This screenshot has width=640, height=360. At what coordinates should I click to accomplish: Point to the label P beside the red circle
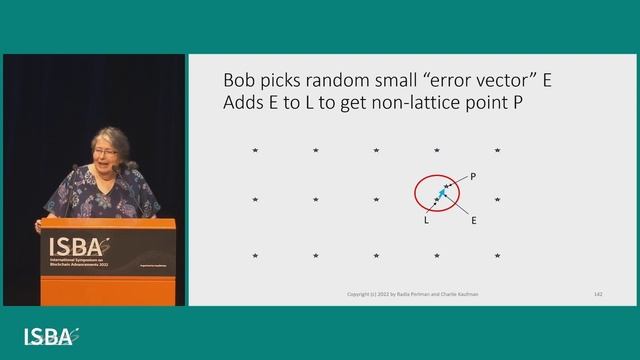point(473,176)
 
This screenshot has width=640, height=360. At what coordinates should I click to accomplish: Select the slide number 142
point(597,294)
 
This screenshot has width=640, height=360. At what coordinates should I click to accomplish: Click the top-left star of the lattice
point(255,150)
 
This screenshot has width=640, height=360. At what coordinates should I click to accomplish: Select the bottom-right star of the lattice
point(497,256)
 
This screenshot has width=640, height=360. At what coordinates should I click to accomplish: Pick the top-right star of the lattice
point(497,150)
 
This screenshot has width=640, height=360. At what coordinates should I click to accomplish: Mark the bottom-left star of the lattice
point(255,256)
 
